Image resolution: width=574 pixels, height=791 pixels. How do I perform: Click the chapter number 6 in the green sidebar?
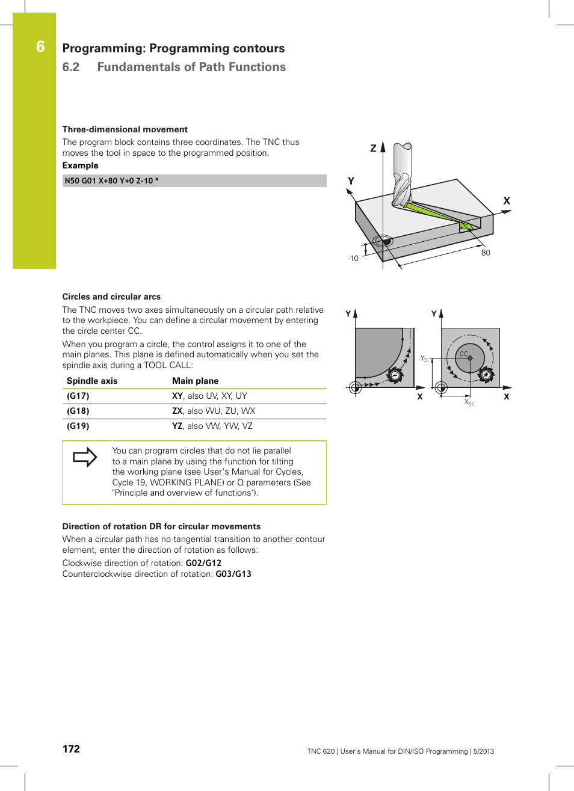click(40, 47)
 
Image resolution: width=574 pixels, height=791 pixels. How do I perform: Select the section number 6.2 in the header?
click(71, 67)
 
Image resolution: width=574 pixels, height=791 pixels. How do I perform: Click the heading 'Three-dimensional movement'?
click(125, 129)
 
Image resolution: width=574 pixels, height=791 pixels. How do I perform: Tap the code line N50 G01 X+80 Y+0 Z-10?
click(112, 180)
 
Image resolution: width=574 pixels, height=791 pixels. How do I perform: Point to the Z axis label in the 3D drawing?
click(373, 148)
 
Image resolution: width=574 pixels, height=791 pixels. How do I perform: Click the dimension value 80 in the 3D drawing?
click(486, 253)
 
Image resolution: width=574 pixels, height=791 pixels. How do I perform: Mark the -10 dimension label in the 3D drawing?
click(353, 259)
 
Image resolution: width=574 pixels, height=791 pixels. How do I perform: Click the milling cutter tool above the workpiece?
click(402, 174)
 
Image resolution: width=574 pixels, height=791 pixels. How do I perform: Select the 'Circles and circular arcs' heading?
click(111, 297)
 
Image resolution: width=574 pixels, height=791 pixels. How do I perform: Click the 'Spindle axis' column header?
click(92, 381)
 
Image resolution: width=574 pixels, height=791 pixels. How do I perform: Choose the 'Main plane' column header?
click(195, 381)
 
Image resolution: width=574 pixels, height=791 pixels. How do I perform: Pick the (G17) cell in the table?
click(78, 396)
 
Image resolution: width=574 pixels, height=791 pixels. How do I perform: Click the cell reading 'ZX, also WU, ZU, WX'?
click(214, 411)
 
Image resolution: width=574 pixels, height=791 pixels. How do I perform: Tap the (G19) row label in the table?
click(78, 426)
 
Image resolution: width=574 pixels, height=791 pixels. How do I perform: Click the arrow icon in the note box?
click(85, 457)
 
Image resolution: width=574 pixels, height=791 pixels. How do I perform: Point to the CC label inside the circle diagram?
click(463, 354)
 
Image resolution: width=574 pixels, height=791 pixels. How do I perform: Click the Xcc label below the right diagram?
click(469, 402)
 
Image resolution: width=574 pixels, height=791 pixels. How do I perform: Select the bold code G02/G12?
click(203, 563)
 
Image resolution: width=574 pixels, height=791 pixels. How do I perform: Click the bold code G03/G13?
click(233, 574)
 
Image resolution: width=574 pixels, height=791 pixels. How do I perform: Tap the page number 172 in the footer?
click(71, 749)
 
